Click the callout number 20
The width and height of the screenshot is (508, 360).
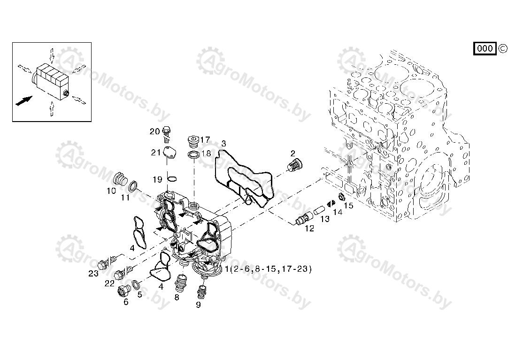[x=154, y=131]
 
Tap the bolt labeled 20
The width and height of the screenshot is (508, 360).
[x=167, y=134]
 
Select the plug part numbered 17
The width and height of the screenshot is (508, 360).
[x=193, y=141]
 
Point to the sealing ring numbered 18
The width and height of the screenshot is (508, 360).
[x=193, y=154]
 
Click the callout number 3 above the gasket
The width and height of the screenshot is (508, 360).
[x=223, y=144]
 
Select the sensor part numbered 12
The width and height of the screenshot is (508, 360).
[x=303, y=218]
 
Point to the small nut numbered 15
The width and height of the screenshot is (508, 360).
[x=341, y=197]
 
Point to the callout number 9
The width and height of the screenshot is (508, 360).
[x=198, y=305]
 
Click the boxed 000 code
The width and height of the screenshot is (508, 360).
[x=485, y=48]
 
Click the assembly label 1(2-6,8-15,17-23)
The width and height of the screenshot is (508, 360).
[x=268, y=268]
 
